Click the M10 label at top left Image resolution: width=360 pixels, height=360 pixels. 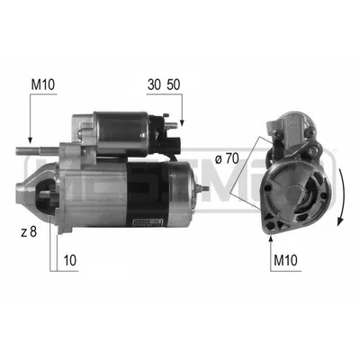coord(43,85)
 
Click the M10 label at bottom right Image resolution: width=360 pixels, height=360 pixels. coord(285,260)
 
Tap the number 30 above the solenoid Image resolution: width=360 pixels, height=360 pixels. coord(154,85)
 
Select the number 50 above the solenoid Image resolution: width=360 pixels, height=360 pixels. coord(174,85)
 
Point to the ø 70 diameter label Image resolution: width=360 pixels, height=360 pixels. coord(227,159)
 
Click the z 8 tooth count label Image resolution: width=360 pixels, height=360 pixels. coord(29,232)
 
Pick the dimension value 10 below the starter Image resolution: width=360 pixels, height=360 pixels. coord(70,260)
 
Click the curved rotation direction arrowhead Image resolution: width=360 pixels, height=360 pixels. coord(340,221)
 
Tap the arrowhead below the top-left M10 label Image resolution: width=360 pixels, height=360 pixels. coord(30,139)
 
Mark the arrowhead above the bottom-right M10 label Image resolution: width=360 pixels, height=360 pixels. coord(271,238)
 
